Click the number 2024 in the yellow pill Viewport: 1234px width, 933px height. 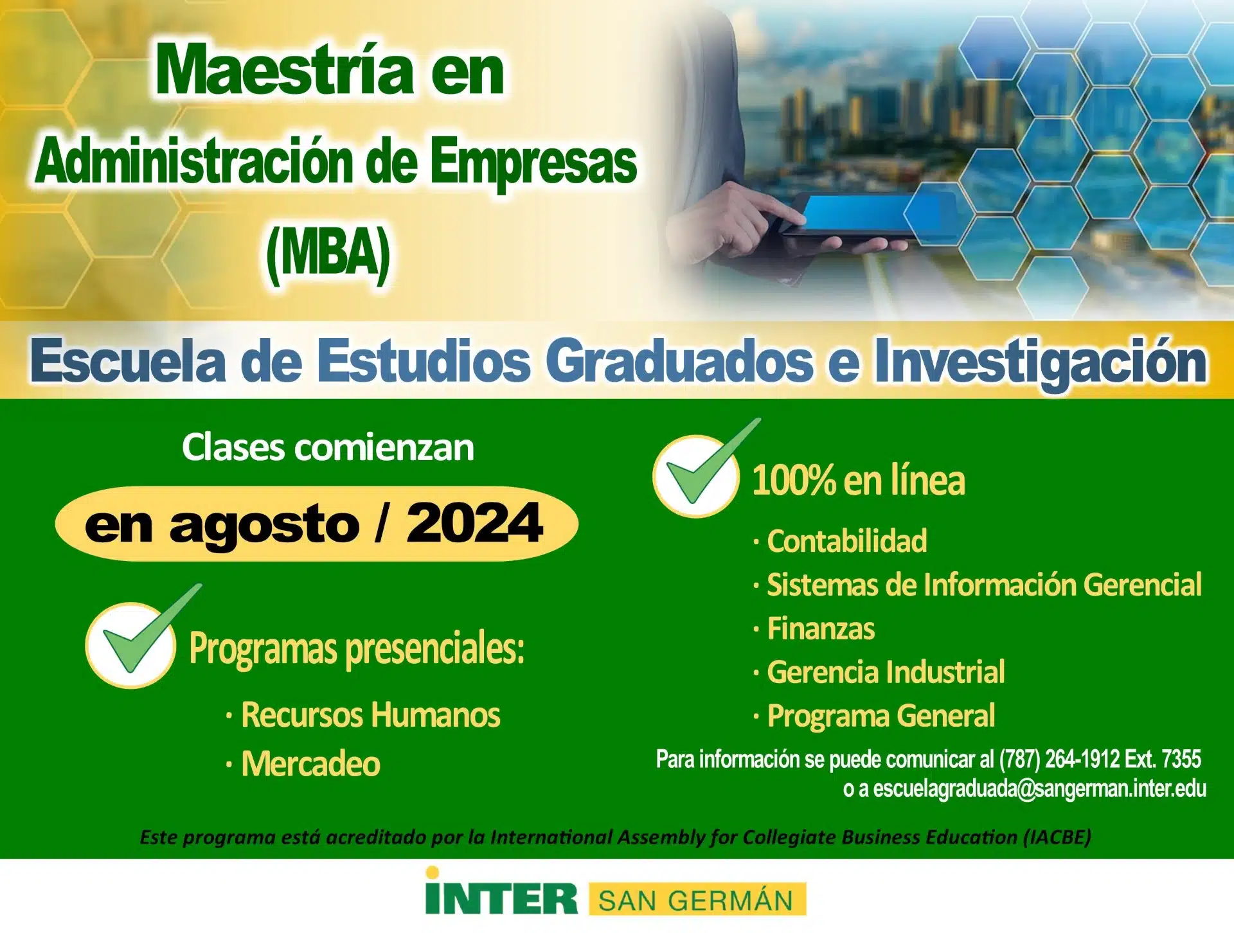474,523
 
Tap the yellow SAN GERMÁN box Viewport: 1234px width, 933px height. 697,900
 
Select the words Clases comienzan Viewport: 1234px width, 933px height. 328,447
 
